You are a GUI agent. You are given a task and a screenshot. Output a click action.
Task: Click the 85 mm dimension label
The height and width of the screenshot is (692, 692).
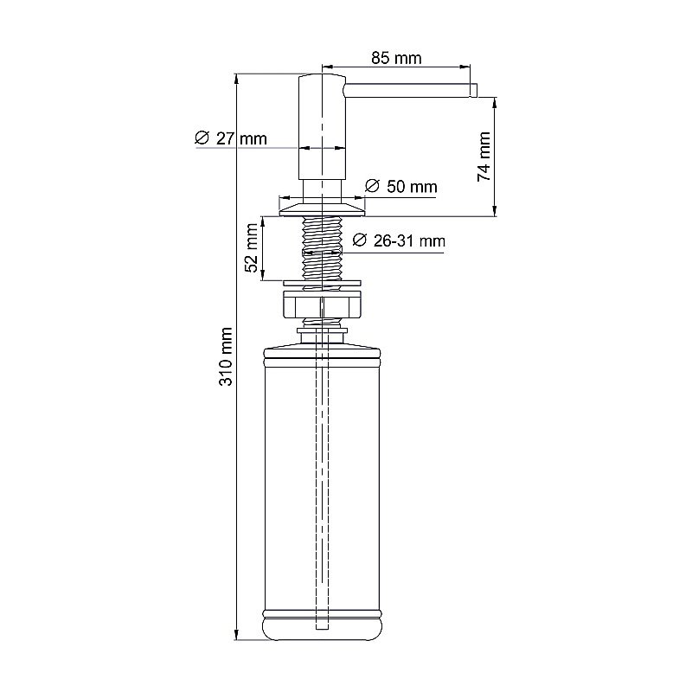[396, 59]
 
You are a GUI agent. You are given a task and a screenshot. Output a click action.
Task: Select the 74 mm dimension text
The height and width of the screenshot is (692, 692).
[484, 156]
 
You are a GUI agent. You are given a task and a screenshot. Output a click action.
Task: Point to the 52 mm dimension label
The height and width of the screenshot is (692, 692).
[252, 248]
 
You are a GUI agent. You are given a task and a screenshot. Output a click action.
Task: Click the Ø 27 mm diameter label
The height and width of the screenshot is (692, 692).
[231, 138]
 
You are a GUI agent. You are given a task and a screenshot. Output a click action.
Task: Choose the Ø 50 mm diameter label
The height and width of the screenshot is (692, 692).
[400, 186]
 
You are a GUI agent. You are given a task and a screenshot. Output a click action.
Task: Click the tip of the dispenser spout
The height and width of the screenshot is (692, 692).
[473, 90]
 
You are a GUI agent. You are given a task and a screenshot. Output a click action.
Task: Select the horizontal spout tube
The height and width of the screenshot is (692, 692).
[407, 90]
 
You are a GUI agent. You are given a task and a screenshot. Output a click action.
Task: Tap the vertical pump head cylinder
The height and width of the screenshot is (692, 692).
[322, 130]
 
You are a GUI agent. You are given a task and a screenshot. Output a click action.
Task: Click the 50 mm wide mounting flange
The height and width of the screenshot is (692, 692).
[322, 206]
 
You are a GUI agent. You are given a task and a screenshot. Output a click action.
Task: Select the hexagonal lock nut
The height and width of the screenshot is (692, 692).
[322, 306]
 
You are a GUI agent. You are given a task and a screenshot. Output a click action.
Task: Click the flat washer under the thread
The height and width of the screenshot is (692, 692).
[322, 281]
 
